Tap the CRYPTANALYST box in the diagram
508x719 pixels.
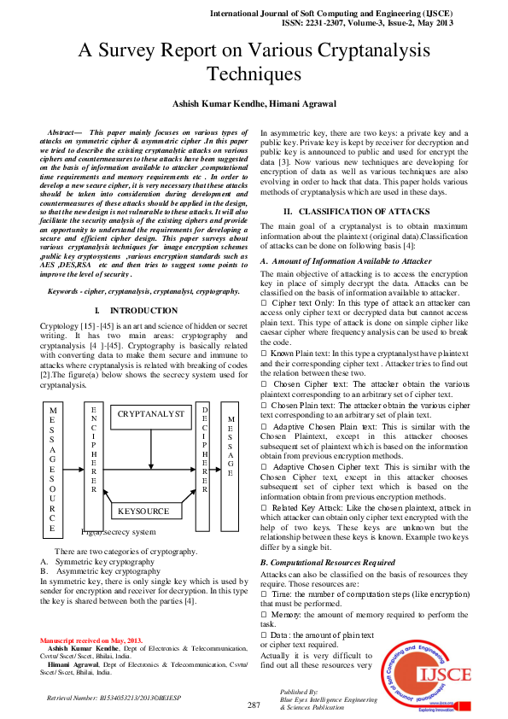(150, 414)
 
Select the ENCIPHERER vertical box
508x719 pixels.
(93, 449)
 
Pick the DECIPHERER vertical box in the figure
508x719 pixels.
(204, 449)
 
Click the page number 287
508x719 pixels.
(254, 704)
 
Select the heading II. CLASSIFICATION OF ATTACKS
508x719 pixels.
(358, 210)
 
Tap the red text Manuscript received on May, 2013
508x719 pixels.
(92, 640)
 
